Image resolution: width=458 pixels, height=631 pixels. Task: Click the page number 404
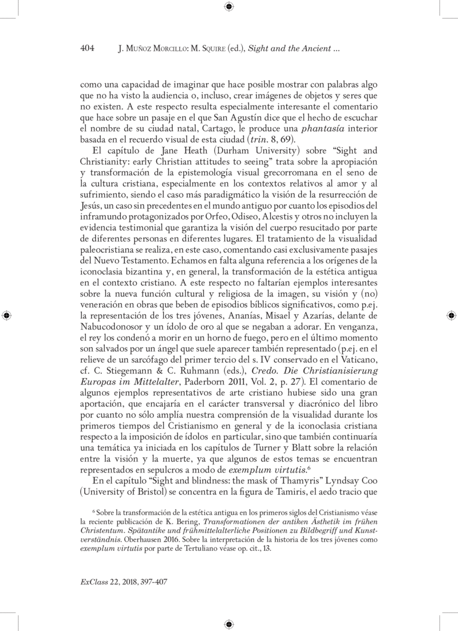[x=87, y=49]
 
